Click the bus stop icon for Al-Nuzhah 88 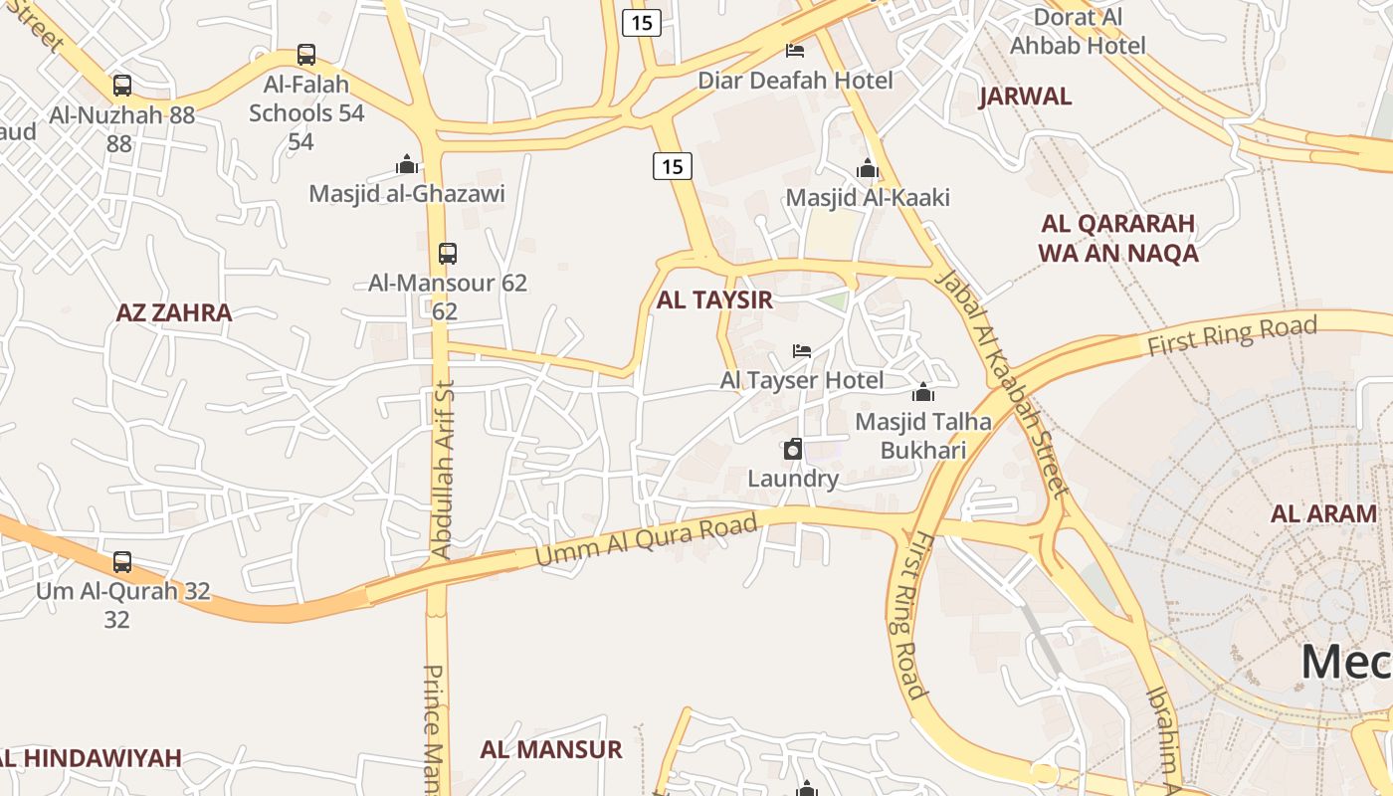coord(121,86)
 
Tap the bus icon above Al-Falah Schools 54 coord(306,55)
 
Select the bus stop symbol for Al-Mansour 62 coord(448,254)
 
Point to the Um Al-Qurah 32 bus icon coord(122,562)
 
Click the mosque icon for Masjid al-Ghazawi coord(406,164)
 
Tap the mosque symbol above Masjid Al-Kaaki coord(868,168)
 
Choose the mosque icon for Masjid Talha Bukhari coord(923,392)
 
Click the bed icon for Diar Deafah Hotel coord(795,50)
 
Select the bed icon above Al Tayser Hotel coord(802,350)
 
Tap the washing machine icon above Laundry coord(793,450)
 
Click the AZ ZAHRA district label coord(174,312)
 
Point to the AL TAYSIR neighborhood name coord(714,300)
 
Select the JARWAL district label coord(1026,97)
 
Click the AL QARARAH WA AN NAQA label coord(1118,238)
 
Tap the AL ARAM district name coord(1323,514)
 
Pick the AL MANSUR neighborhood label coord(551,749)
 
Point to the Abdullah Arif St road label coord(443,468)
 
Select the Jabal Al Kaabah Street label coord(1003,383)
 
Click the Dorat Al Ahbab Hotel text coord(1079,31)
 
